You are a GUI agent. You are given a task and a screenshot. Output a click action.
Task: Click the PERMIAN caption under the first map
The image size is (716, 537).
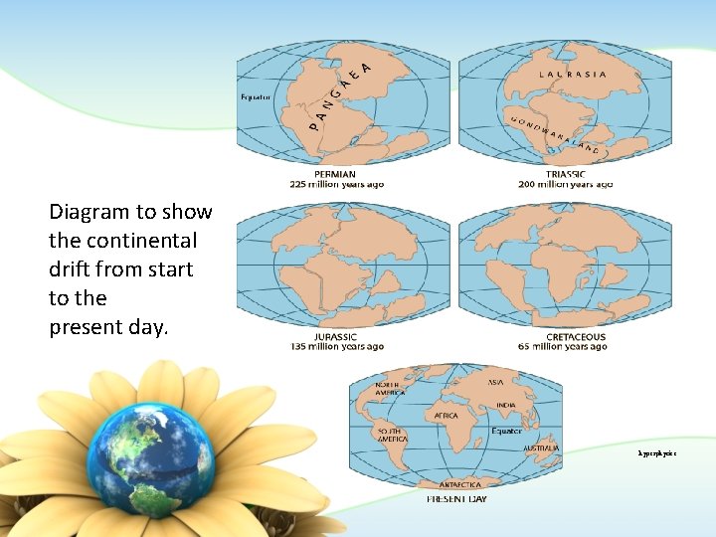[335, 174]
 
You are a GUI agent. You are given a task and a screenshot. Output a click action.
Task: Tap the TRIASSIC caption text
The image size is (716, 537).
[565, 174]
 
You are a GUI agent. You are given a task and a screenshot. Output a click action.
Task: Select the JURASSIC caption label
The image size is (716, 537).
[335, 337]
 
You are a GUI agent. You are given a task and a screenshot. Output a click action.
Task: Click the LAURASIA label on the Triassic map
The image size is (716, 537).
[573, 74]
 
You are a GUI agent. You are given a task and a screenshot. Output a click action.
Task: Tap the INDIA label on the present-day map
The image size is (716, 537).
[506, 405]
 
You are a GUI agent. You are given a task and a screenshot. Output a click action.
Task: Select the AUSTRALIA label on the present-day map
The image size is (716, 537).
[541, 448]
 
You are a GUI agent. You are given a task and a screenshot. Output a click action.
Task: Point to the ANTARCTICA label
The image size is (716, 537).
[459, 484]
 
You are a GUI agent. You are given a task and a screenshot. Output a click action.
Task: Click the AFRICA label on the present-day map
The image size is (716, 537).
[445, 416]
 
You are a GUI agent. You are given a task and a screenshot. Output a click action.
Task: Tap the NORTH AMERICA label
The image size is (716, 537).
[389, 389]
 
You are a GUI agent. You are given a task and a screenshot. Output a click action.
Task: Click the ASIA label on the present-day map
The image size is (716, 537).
[494, 382]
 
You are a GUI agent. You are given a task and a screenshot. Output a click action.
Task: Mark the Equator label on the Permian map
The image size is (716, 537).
[256, 97]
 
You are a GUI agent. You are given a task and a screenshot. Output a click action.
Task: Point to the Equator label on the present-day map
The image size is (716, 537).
[506, 432]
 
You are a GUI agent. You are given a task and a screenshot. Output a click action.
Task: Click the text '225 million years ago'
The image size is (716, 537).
[335, 185]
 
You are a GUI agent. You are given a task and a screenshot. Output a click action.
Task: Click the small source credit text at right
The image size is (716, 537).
[657, 452]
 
